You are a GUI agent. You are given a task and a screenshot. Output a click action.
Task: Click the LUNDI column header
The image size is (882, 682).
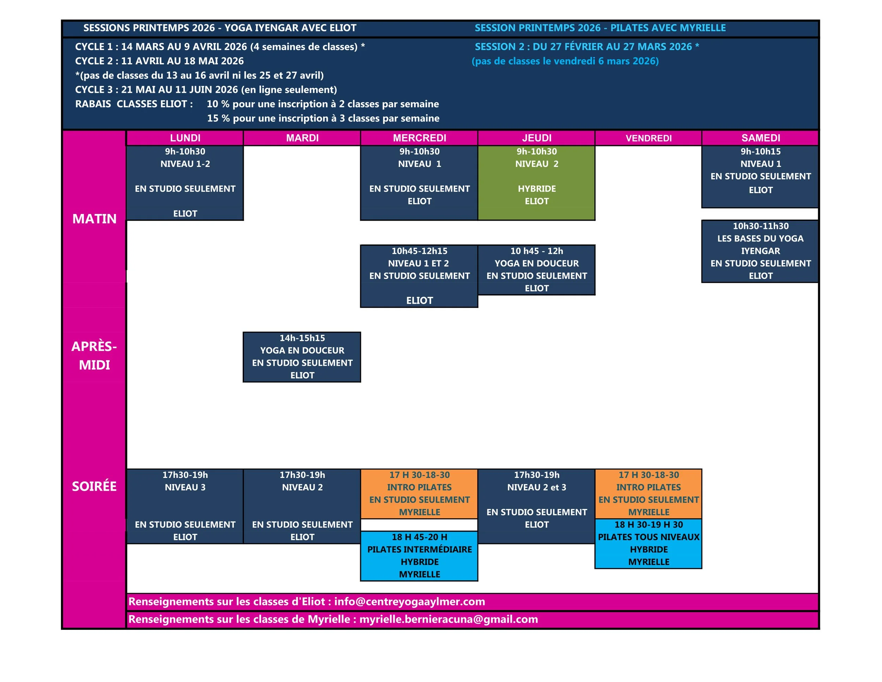(x=185, y=138)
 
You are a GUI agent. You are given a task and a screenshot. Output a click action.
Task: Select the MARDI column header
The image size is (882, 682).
(x=302, y=138)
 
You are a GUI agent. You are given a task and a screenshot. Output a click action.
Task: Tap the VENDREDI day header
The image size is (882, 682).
(x=648, y=138)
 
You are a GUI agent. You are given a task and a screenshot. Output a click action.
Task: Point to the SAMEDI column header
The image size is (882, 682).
(x=760, y=138)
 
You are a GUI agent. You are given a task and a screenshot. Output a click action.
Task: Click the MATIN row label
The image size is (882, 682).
(x=94, y=219)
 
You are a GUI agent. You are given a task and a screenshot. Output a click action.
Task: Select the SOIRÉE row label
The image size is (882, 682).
(x=94, y=486)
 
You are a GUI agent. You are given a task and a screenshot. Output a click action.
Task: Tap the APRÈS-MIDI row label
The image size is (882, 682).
(x=94, y=355)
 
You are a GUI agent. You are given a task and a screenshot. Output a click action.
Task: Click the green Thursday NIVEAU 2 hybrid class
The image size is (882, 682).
(x=536, y=183)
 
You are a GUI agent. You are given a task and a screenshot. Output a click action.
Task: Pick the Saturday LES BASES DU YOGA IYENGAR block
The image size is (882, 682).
(x=760, y=251)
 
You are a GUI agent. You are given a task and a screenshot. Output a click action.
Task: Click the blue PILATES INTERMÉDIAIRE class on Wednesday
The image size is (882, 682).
(x=419, y=556)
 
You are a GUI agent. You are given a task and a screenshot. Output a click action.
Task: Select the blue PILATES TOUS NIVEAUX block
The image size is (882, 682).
(x=648, y=543)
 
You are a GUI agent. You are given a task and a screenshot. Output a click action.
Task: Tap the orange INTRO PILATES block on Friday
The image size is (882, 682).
(x=648, y=493)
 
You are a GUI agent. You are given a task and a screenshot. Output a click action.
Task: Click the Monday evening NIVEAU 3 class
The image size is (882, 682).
(x=185, y=506)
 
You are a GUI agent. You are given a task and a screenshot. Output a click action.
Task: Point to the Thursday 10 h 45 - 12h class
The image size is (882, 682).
(x=536, y=269)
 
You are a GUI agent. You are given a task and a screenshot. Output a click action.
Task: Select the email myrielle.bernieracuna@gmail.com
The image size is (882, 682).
(x=448, y=620)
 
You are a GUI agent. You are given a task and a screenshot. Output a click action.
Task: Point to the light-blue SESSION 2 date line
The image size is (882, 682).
(x=586, y=47)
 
